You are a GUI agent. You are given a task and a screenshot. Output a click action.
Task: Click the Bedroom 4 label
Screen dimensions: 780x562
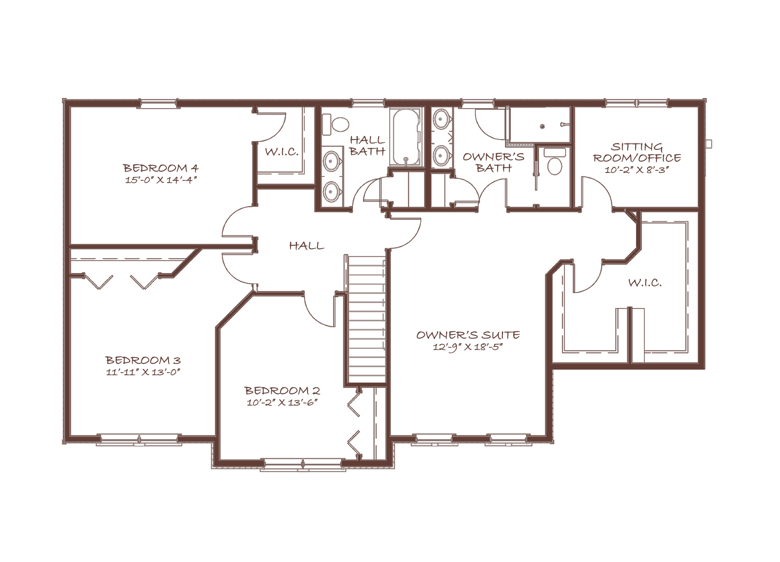tap(161, 168)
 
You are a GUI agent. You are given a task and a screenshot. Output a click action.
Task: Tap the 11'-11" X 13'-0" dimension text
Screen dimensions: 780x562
tap(143, 372)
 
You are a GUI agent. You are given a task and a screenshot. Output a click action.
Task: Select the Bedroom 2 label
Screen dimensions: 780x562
tap(282, 391)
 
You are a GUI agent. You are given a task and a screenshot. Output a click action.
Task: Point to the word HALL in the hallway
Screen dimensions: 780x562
tap(306, 246)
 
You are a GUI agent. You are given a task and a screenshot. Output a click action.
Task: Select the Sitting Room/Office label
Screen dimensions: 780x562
tap(637, 152)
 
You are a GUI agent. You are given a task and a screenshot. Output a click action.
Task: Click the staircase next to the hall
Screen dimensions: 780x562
tap(367, 319)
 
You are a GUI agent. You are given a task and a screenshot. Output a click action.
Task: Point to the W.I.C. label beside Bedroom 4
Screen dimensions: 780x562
tap(282, 152)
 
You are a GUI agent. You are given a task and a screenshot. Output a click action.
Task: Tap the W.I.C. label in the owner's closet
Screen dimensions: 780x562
tap(645, 283)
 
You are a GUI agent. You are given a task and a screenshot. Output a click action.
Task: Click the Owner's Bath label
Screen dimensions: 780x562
tap(494, 162)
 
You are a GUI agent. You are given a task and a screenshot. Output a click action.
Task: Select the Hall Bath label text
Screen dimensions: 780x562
tap(367, 145)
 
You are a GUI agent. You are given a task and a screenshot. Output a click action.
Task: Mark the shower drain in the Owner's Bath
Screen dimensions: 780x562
tap(542, 126)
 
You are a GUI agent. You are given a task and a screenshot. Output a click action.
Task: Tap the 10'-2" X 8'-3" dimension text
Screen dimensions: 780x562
tap(637, 170)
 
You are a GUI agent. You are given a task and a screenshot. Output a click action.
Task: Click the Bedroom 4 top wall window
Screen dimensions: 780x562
tap(158, 102)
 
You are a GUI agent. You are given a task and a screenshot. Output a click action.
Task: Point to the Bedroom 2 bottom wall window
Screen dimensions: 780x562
tap(303, 464)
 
